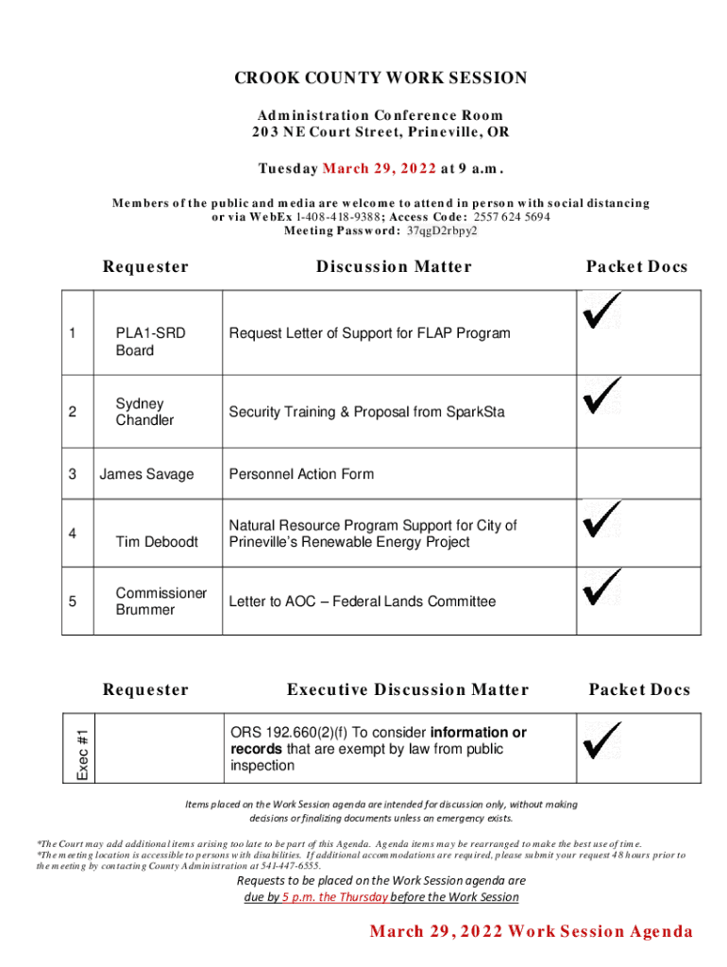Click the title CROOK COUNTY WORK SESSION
(380, 78)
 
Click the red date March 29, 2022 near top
(380, 169)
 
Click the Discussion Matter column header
(394, 267)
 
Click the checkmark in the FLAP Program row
(601, 311)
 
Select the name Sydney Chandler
(144, 412)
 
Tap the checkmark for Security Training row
(601, 396)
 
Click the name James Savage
(146, 474)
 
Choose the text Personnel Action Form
(301, 474)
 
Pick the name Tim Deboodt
(157, 542)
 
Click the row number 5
(72, 602)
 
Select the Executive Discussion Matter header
(408, 690)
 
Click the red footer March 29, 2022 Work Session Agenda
(531, 931)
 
